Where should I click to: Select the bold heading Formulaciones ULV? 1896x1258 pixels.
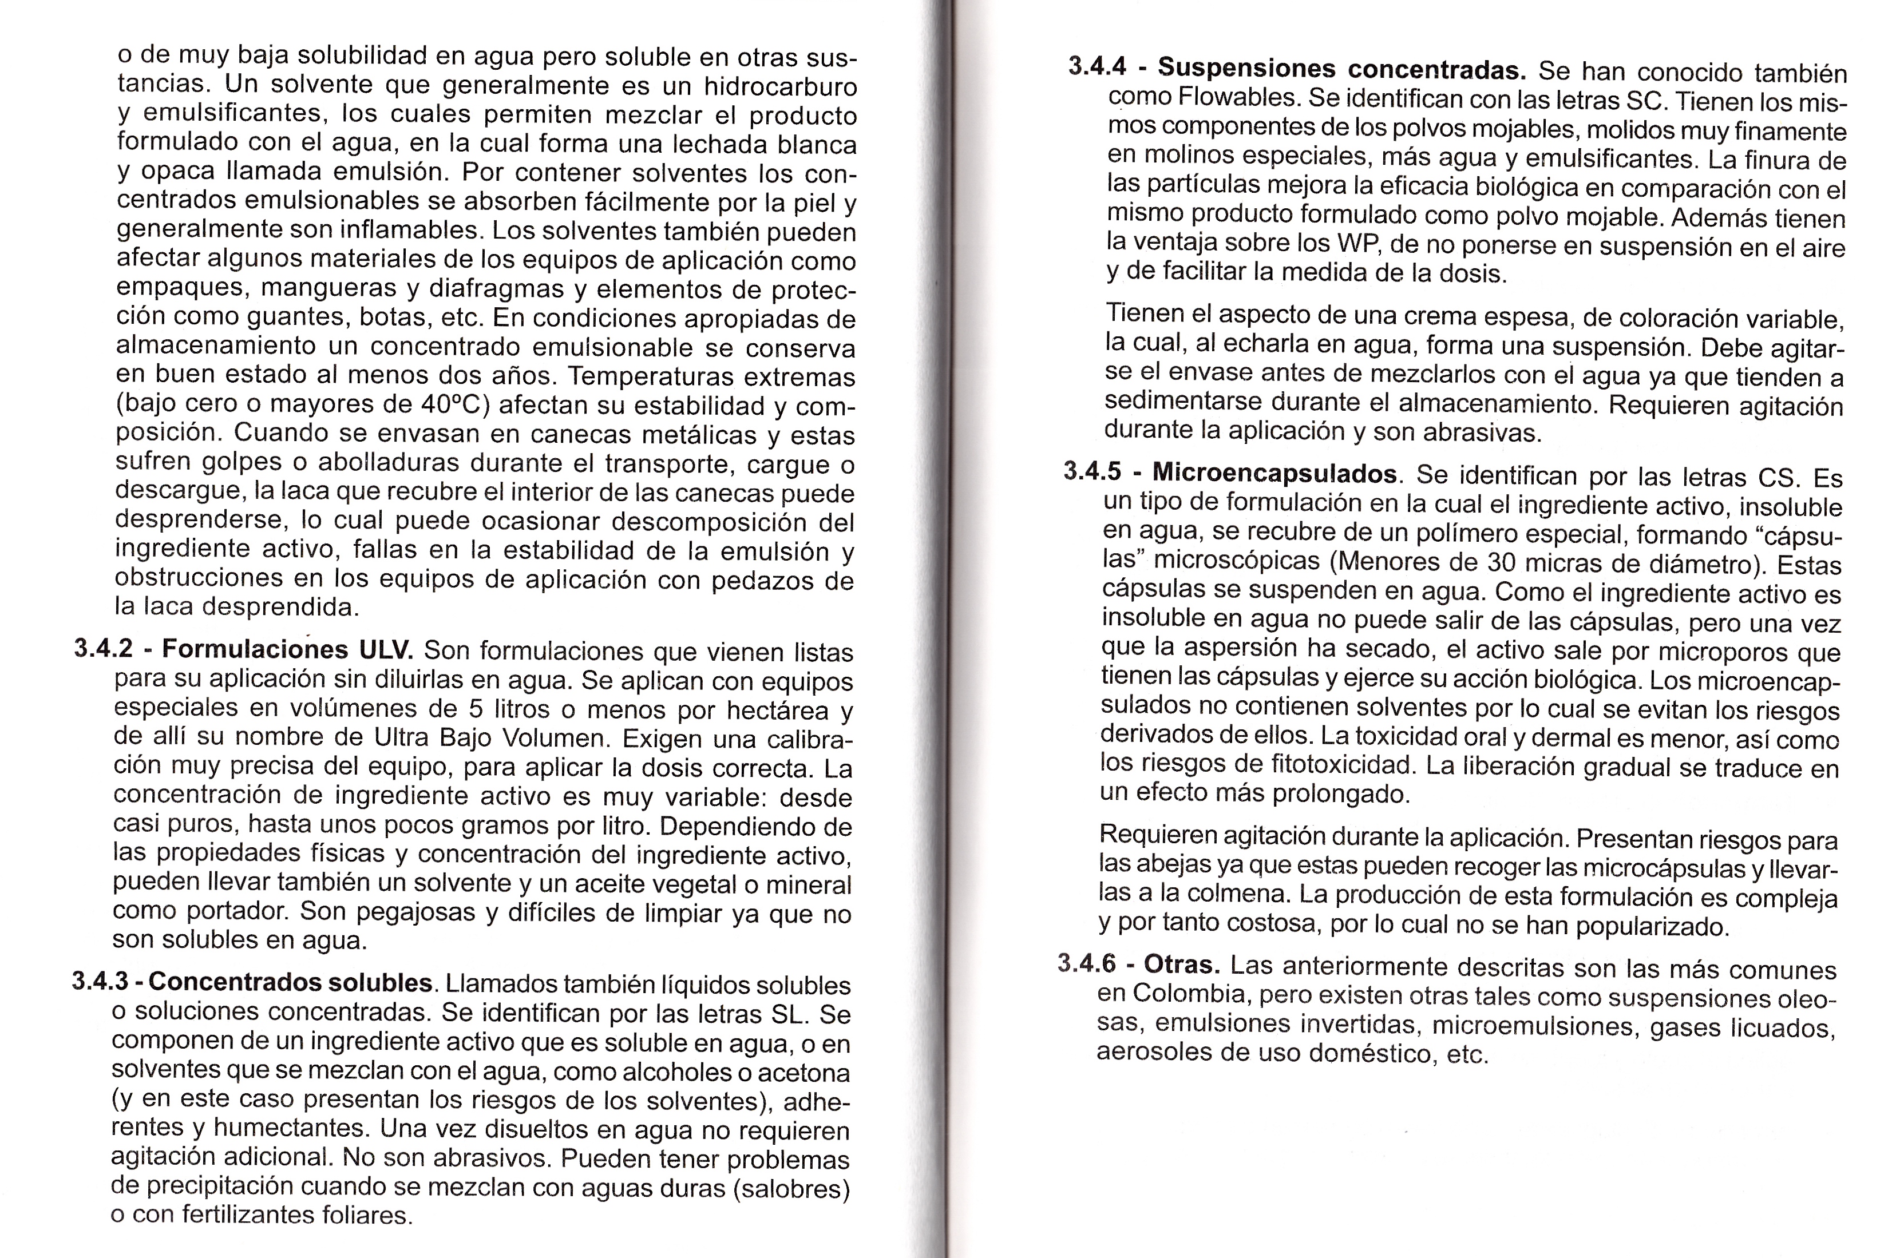287,649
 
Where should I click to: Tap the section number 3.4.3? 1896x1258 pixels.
100,981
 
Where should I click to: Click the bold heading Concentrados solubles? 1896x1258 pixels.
291,982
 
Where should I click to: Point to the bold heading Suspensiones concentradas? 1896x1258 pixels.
1341,69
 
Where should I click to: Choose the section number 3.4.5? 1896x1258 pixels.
1092,471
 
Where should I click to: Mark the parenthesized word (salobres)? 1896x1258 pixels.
791,1188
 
